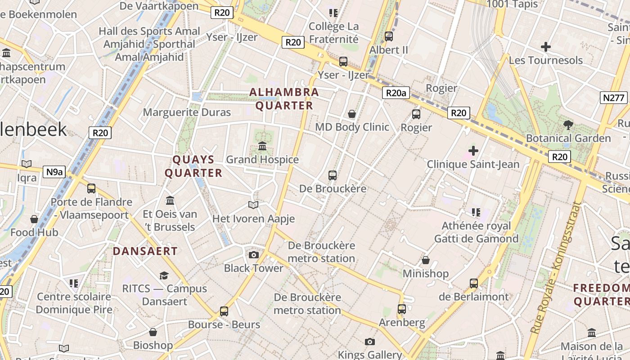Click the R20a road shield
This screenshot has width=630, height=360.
(x=396, y=93)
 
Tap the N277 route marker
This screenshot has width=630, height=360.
(x=614, y=98)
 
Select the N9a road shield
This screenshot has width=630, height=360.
(x=54, y=171)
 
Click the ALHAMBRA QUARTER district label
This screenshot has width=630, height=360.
(x=284, y=99)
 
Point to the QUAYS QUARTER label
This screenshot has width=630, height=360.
(x=193, y=166)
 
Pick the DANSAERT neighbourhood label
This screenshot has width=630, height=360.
(x=145, y=251)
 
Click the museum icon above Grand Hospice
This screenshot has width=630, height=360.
(x=262, y=146)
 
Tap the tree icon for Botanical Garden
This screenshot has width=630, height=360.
(x=568, y=125)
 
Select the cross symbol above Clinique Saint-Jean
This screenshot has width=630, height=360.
(x=473, y=150)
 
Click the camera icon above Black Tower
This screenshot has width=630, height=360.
(x=254, y=255)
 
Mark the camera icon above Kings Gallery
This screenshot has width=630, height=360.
(x=370, y=342)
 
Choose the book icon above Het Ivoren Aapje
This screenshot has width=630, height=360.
(x=253, y=205)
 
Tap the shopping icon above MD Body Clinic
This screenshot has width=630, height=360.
(x=352, y=113)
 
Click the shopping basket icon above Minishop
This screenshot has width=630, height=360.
(x=425, y=260)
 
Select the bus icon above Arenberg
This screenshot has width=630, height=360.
(x=402, y=309)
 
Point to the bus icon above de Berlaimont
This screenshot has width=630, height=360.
(x=474, y=283)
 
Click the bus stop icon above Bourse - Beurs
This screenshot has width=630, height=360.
(x=224, y=311)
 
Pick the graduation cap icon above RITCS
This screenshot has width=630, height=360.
(x=164, y=275)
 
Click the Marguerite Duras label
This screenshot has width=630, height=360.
(x=187, y=112)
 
